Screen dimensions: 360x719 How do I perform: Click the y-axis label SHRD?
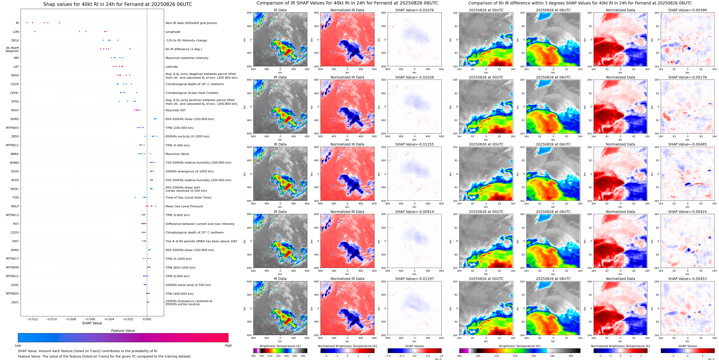[x=15, y=119]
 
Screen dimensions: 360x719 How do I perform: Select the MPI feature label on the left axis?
[x=16, y=58]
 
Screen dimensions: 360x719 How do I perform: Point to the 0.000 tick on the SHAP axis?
[x=147, y=319]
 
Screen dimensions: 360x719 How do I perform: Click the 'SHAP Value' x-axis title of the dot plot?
[x=92, y=323]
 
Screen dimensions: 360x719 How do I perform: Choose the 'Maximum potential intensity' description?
[x=187, y=58]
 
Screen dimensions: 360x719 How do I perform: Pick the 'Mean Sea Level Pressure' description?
[x=184, y=206]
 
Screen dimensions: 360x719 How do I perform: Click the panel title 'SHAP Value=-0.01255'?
[x=415, y=144]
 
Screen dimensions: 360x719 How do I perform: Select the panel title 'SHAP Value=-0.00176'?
[x=687, y=77]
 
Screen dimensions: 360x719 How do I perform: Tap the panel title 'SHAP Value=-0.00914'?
[x=415, y=212]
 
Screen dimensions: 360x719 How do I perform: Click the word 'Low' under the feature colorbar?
[x=18, y=345]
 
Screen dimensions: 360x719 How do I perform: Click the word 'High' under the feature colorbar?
[x=228, y=345]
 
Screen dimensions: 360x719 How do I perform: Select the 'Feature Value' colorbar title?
[x=123, y=331]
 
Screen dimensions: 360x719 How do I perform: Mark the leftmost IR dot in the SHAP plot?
[x=27, y=23]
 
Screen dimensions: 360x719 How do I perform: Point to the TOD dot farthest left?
[x=136, y=197]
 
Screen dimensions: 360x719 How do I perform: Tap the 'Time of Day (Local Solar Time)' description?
[x=188, y=197]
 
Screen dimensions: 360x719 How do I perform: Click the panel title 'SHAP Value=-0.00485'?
[x=687, y=144]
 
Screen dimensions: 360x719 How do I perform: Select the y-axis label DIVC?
[x=15, y=302]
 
